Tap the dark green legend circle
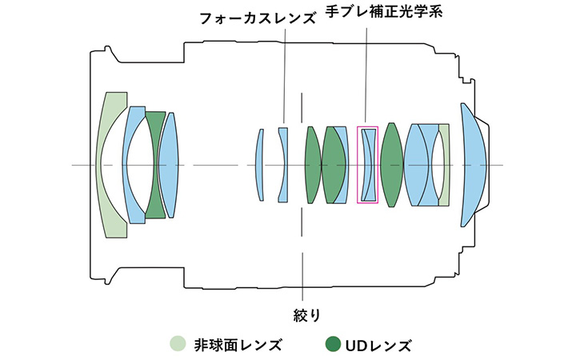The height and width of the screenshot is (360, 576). click(x=332, y=346)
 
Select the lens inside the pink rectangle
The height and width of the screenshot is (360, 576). click(x=367, y=164)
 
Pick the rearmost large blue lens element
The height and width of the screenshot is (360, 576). click(x=475, y=164)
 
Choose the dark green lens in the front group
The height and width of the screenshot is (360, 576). click(x=154, y=164)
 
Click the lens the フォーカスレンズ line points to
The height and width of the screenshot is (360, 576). click(x=282, y=164)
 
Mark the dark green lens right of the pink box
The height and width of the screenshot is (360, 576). click(x=390, y=164)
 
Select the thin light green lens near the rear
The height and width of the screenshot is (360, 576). click(x=445, y=164)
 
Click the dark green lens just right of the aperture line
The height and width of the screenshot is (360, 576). click(x=312, y=164)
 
